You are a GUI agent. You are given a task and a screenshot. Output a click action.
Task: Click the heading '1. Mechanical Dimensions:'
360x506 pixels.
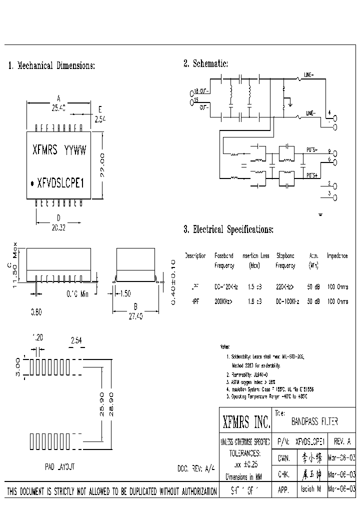click(51, 65)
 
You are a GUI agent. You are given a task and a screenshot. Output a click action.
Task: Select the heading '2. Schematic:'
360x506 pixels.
click(205, 63)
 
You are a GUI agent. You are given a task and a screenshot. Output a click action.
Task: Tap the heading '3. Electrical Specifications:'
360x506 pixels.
click(228, 229)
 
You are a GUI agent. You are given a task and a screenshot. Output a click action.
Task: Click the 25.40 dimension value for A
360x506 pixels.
click(59, 107)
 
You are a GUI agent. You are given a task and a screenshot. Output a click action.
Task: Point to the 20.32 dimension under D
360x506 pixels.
click(59, 226)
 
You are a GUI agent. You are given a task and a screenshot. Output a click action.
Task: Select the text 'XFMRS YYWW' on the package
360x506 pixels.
click(59, 150)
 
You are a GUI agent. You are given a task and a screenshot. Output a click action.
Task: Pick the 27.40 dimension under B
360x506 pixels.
click(136, 316)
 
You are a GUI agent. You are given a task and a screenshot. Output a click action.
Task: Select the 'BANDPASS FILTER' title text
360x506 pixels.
click(314, 422)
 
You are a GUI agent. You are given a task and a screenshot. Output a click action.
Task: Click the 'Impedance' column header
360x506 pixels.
click(337, 255)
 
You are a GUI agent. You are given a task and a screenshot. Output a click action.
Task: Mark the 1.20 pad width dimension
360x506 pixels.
click(37, 338)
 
